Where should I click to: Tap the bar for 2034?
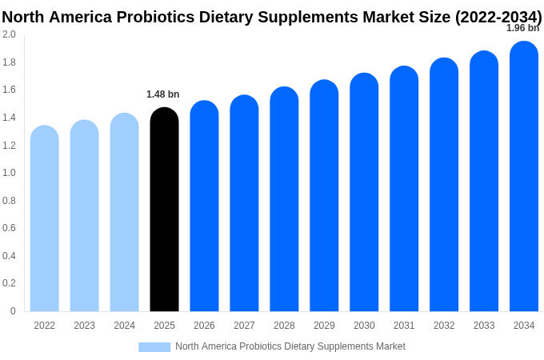click(x=524, y=176)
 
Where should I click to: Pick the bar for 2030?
click(x=364, y=192)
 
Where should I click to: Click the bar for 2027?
click(x=244, y=203)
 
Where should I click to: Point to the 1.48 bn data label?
click(x=163, y=94)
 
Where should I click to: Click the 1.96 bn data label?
click(x=522, y=28)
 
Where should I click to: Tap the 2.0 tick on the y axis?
click(x=9, y=34)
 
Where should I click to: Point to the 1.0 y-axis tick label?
click(x=9, y=173)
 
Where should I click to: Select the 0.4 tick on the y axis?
click(x=9, y=256)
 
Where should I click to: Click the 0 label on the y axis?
click(x=13, y=311)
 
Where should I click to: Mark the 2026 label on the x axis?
click(x=204, y=326)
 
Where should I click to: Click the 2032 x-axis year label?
click(x=444, y=326)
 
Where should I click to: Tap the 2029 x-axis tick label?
click(x=324, y=326)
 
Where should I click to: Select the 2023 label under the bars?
click(x=84, y=326)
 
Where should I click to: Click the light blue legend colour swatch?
click(x=154, y=347)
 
